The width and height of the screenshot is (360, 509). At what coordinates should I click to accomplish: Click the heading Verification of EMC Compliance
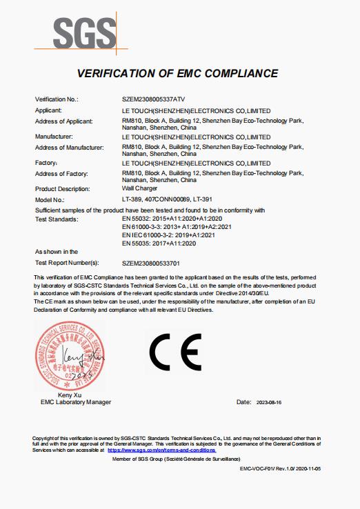tap(177, 73)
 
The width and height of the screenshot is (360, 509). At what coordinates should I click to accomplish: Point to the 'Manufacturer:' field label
tap(54, 137)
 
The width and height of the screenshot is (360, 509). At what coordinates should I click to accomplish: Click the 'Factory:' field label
tap(46, 163)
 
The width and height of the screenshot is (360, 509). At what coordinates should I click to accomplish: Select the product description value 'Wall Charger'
tap(139, 189)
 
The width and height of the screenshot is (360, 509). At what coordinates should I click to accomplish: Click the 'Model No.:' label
tap(49, 199)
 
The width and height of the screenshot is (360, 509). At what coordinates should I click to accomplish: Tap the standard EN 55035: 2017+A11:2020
tap(159, 243)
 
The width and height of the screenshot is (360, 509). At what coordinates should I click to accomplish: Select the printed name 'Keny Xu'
tap(71, 395)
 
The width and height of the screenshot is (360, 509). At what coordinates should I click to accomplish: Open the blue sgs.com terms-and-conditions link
tap(161, 450)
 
